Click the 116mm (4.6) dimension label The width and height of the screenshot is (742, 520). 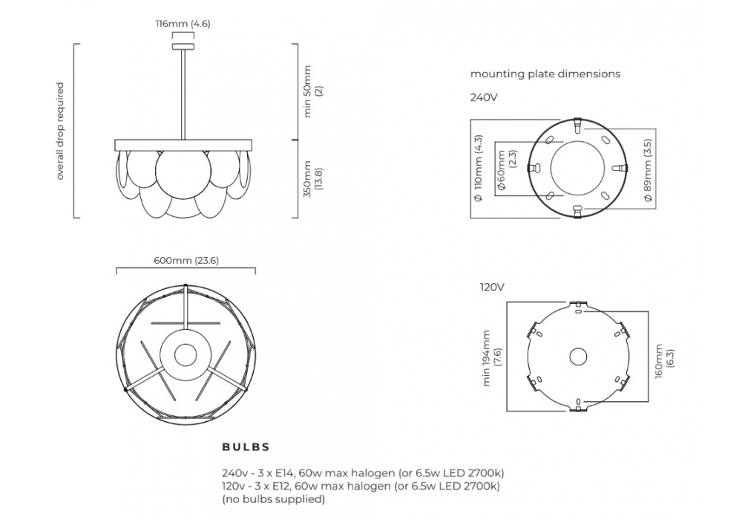point(183,24)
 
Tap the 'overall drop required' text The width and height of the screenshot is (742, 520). point(59,131)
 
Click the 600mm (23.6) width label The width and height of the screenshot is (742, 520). point(186,261)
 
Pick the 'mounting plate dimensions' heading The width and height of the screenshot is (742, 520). point(545,74)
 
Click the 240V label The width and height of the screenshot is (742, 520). point(484,97)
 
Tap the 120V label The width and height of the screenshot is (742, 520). point(492,287)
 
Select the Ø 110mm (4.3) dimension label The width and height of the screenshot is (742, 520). point(479,169)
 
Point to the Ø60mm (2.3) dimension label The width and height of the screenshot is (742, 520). point(506,170)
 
